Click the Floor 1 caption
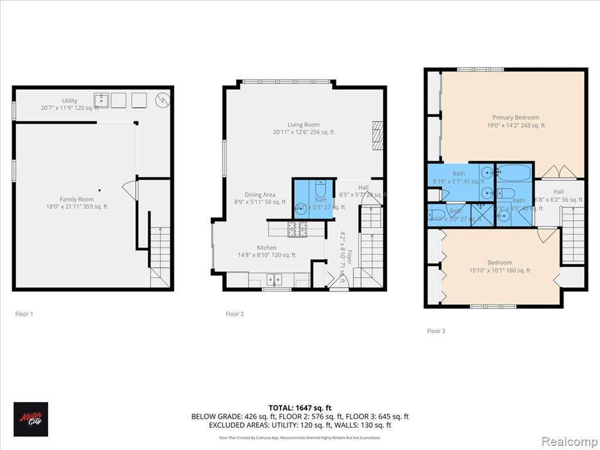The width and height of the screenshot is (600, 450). point(24,314)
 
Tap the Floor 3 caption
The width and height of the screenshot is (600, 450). point(436,331)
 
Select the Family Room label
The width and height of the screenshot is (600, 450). point(76,199)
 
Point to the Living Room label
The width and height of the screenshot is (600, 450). point(303,124)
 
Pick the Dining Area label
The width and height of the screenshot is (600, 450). point(259,195)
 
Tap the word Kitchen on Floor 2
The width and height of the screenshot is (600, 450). point(266,247)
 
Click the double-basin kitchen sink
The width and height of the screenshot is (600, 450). point(274,279)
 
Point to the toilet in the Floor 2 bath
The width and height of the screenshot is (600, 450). point(320,189)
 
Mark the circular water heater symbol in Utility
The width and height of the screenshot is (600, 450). point(162,100)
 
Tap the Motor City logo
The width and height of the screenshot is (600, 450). point(30,419)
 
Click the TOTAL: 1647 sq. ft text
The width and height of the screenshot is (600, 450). point(299,407)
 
